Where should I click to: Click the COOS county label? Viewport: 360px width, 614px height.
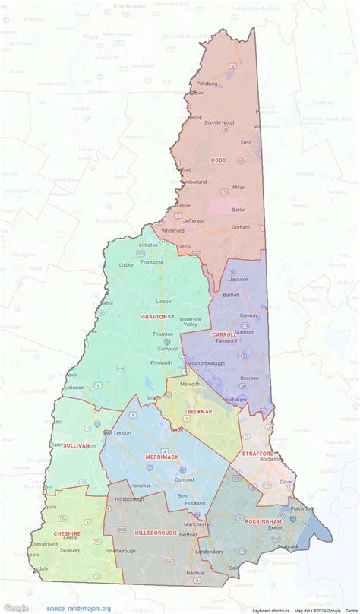218,160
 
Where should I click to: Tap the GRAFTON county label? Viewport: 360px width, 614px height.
154,316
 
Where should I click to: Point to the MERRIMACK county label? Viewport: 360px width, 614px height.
161,457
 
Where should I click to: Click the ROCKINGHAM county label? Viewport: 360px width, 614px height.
264,521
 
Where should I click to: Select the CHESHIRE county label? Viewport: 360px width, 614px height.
67,513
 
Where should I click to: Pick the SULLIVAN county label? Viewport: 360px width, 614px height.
76,445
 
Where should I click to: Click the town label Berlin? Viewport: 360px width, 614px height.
238,209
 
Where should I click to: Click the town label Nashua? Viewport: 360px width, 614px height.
196,572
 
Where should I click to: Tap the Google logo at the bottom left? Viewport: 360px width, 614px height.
16,608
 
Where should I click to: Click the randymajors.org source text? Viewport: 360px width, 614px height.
78,609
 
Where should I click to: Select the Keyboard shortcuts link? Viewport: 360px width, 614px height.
272,610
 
